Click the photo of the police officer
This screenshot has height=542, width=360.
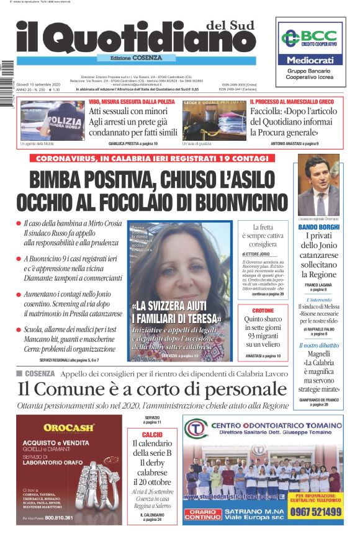pos(52,120)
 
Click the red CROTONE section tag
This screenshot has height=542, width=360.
pos(263,309)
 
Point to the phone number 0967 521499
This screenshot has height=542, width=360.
pos(315,512)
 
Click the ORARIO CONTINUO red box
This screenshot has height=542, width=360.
pos(202,513)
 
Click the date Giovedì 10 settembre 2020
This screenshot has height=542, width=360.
pos(37,83)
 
